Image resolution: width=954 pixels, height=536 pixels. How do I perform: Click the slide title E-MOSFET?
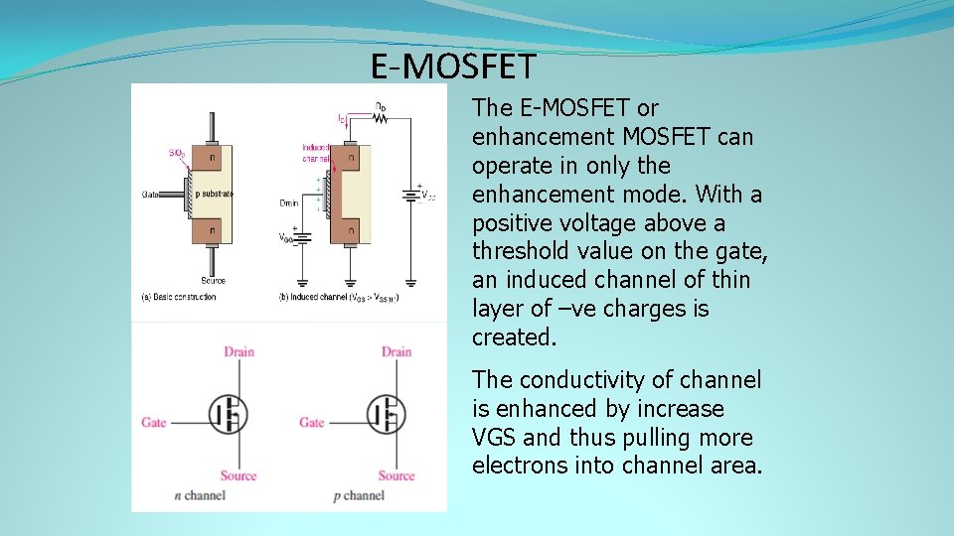point(453,67)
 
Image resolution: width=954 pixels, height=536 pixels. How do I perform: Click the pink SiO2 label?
point(176,153)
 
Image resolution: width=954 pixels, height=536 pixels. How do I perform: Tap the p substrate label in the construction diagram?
point(214,194)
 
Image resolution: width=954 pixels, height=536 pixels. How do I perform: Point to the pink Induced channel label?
point(315,153)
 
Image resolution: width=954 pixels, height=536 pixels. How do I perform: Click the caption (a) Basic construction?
point(180,297)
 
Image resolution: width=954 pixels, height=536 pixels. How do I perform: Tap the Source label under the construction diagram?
point(213,281)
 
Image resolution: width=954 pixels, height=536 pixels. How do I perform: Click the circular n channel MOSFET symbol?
point(229,413)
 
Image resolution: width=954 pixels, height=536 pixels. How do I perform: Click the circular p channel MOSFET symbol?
point(387,413)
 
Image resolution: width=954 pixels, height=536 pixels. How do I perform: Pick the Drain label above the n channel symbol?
point(238,351)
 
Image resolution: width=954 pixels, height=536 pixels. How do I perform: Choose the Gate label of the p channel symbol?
point(312,422)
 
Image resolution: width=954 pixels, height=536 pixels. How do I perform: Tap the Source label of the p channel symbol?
point(397,475)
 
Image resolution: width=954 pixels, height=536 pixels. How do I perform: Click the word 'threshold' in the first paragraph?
point(520,251)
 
